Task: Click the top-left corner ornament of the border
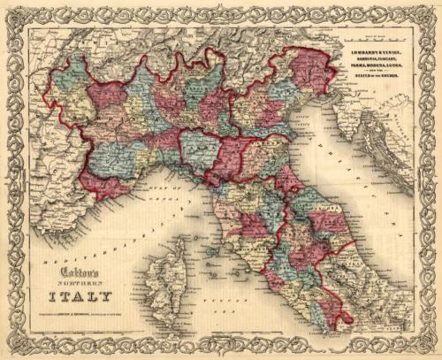pyautogui.click(x=14, y=14)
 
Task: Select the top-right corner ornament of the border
pyautogui.click(x=428, y=14)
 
